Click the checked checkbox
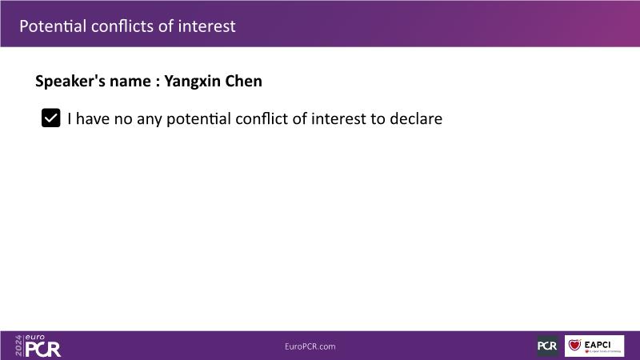51,118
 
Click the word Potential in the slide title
53,26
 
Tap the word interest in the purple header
207,26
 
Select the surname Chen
244,81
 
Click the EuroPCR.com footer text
310,346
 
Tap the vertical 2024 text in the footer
18,346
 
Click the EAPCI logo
594,346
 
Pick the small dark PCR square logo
547,346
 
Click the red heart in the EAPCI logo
575,345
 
